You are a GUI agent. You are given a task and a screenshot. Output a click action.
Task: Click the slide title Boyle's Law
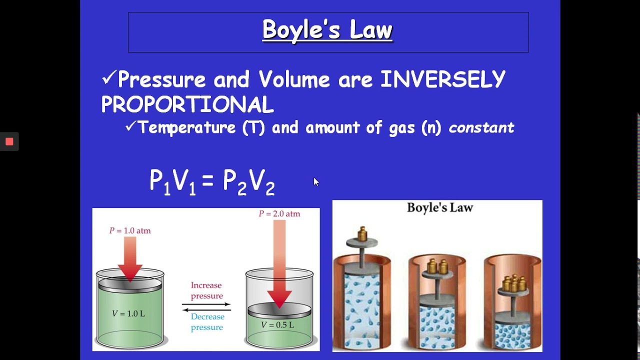click(x=327, y=30)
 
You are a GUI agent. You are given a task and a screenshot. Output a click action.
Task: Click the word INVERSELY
click(x=443, y=79)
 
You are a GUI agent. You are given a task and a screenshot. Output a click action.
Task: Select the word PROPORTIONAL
click(x=187, y=104)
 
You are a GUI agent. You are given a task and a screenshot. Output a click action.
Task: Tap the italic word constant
click(x=481, y=127)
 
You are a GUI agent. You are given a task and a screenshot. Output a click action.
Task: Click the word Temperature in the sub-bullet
click(x=187, y=127)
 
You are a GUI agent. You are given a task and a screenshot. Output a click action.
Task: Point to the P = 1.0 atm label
click(x=130, y=230)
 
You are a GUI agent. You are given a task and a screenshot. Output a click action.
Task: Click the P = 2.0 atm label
click(x=279, y=213)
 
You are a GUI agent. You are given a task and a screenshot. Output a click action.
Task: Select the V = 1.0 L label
click(x=128, y=313)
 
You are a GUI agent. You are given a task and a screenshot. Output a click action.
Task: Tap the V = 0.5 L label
click(x=277, y=324)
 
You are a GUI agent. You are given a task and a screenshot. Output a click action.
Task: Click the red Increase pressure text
click(x=206, y=290)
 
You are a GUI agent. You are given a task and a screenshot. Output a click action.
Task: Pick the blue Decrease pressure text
click(x=207, y=322)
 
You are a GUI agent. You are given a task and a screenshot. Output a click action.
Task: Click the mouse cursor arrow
click(x=316, y=181)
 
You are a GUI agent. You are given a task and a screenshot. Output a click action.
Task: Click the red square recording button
click(x=9, y=141)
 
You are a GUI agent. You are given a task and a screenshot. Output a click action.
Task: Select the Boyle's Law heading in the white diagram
click(x=439, y=207)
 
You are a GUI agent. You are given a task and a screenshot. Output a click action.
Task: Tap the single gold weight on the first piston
click(x=362, y=233)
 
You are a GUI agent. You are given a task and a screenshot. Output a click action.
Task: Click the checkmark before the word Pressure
click(x=108, y=77)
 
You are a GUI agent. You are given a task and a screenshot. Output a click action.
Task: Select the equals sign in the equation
click(x=208, y=181)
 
